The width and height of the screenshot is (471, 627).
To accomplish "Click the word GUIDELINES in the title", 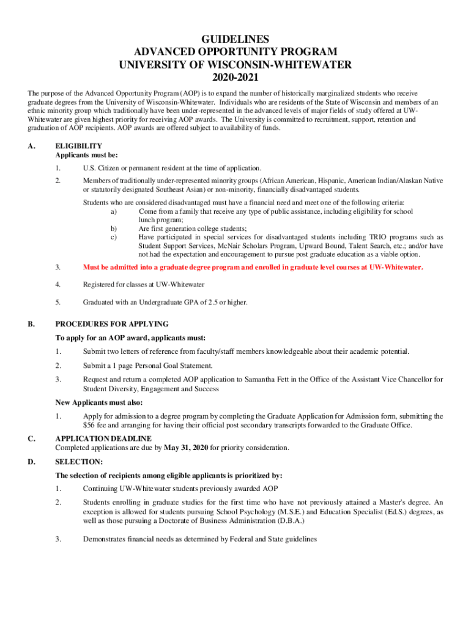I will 236,40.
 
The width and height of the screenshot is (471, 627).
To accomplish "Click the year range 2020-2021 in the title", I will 236,78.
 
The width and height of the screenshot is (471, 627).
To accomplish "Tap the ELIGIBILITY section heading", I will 78,146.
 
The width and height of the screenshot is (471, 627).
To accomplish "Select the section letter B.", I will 31,324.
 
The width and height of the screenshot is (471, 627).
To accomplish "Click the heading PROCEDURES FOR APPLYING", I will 112,324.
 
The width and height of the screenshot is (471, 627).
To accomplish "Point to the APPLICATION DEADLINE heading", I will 103,438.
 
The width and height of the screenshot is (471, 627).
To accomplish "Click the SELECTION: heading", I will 79,462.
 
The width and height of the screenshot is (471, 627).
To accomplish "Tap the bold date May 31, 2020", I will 186,448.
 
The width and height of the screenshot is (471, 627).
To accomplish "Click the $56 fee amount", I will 90,425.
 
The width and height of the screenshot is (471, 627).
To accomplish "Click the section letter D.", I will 31,462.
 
